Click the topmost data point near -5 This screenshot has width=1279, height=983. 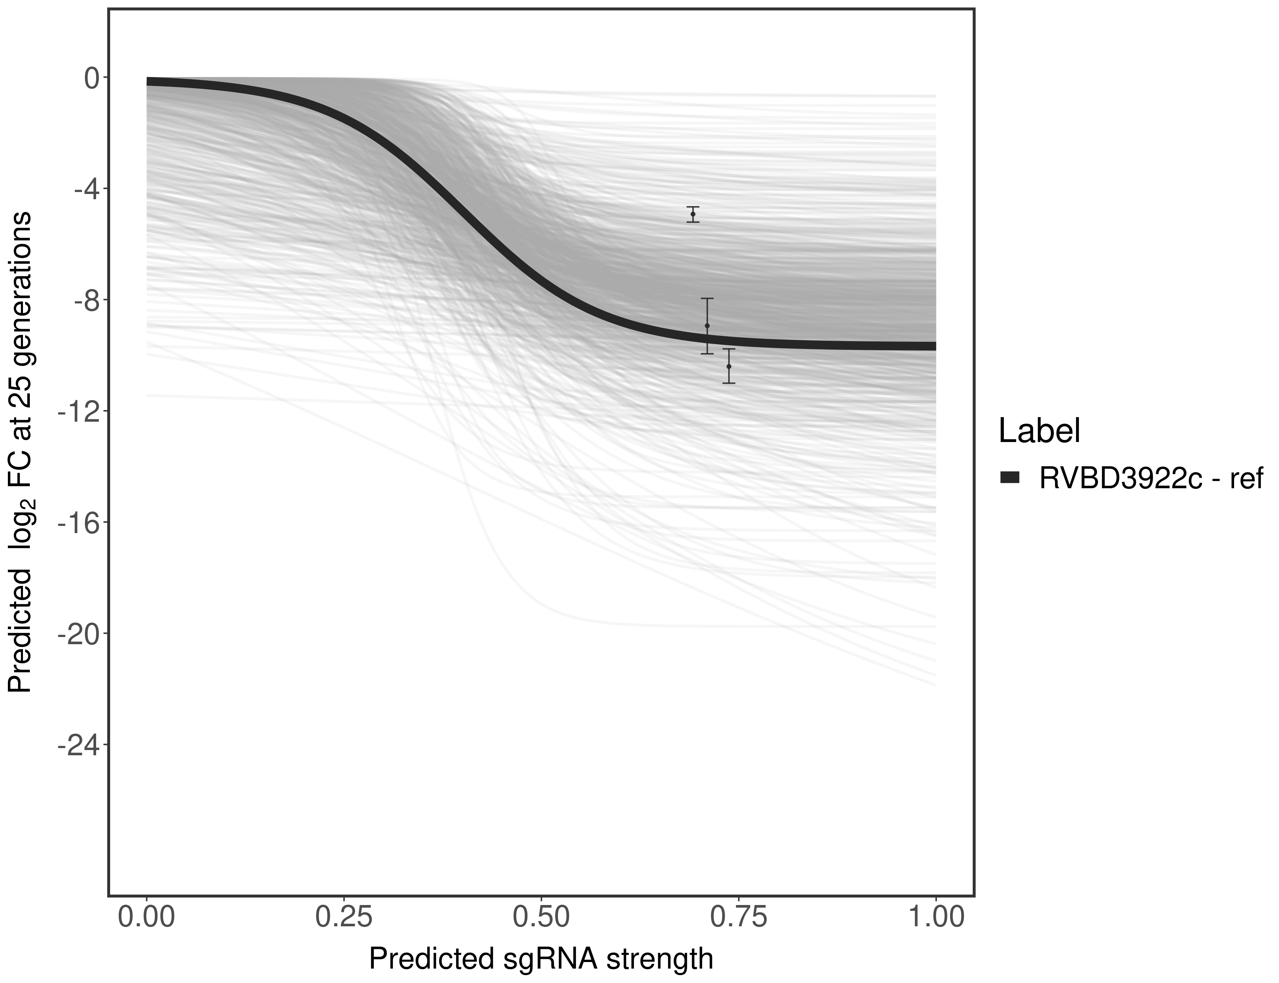(x=693, y=214)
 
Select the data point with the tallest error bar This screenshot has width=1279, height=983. (x=707, y=326)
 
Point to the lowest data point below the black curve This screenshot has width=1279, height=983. (x=728, y=366)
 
